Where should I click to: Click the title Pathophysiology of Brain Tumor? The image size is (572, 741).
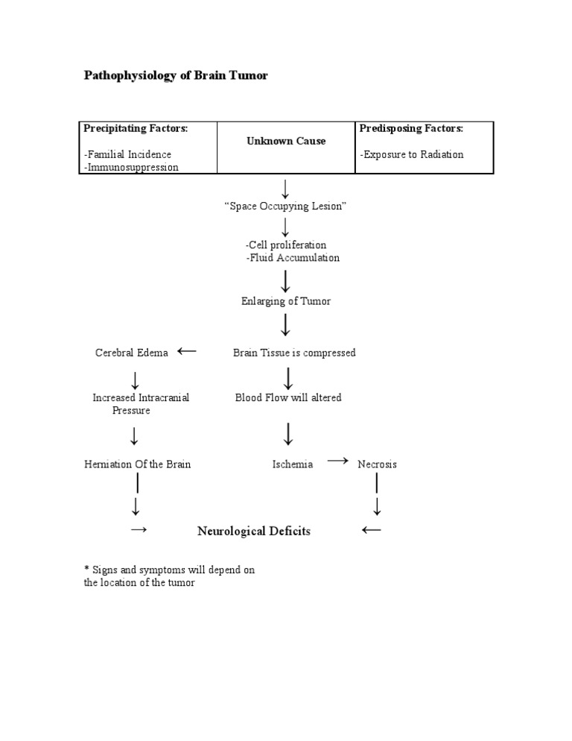click(x=176, y=76)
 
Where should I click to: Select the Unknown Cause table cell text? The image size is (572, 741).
click(x=286, y=141)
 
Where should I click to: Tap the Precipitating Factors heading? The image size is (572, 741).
click(x=136, y=128)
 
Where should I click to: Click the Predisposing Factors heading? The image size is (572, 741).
click(x=411, y=128)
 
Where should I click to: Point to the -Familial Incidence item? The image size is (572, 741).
click(x=127, y=154)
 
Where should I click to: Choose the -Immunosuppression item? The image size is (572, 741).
click(x=131, y=167)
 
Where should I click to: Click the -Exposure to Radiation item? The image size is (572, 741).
click(x=411, y=154)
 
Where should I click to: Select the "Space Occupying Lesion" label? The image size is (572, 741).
click(x=285, y=206)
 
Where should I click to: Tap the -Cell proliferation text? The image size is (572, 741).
click(x=286, y=245)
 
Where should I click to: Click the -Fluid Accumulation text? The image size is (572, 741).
click(x=292, y=258)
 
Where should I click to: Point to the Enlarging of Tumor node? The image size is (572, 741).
click(x=286, y=301)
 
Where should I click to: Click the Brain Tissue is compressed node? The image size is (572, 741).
click(x=294, y=353)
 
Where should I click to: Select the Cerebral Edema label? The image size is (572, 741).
click(x=132, y=353)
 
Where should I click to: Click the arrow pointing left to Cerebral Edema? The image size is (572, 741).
click(x=187, y=351)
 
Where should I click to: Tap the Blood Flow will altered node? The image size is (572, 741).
click(x=288, y=397)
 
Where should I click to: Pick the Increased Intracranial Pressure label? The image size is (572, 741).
click(x=141, y=404)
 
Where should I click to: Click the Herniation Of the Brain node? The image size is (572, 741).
click(x=138, y=464)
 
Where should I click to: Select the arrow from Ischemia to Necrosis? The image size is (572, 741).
click(x=337, y=461)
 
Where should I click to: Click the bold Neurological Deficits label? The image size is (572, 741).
click(x=254, y=532)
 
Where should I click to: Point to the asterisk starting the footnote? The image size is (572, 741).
click(x=86, y=570)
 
